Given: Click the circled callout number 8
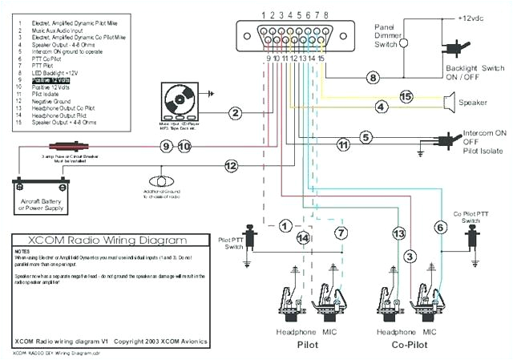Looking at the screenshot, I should pyautogui.click(x=372, y=78).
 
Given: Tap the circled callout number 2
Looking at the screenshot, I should pyautogui.click(x=234, y=113).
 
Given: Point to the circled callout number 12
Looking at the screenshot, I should pyautogui.click(x=231, y=166).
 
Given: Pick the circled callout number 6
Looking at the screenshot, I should pyautogui.click(x=439, y=228).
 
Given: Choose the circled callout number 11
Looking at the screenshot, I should pyautogui.click(x=343, y=145).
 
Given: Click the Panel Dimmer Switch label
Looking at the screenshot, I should pyautogui.click(x=391, y=34).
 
